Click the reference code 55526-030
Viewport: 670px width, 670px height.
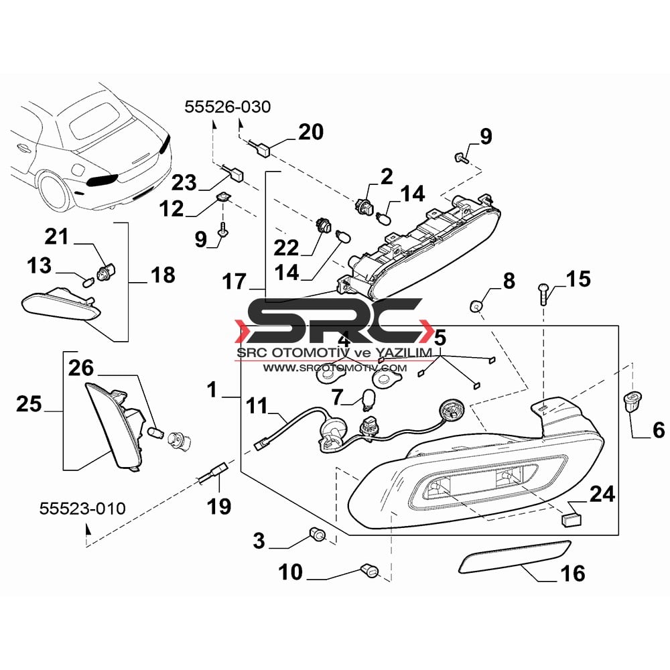(x=228, y=107)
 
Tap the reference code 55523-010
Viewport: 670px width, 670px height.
(x=82, y=509)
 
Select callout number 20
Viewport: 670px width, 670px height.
(x=311, y=132)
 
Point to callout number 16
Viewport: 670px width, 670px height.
(x=573, y=574)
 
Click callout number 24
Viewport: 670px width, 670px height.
(x=602, y=494)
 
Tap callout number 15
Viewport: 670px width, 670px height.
(x=579, y=279)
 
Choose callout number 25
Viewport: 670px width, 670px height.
(x=29, y=404)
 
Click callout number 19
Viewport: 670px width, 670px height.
(x=219, y=507)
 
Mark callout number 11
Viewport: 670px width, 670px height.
(x=257, y=406)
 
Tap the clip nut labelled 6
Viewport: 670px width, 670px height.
(x=631, y=401)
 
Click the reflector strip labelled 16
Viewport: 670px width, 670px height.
(x=514, y=555)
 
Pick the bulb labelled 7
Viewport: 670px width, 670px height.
(x=367, y=400)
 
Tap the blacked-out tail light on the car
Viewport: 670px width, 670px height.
(x=102, y=181)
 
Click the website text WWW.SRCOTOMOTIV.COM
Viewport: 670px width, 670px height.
(x=334, y=368)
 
